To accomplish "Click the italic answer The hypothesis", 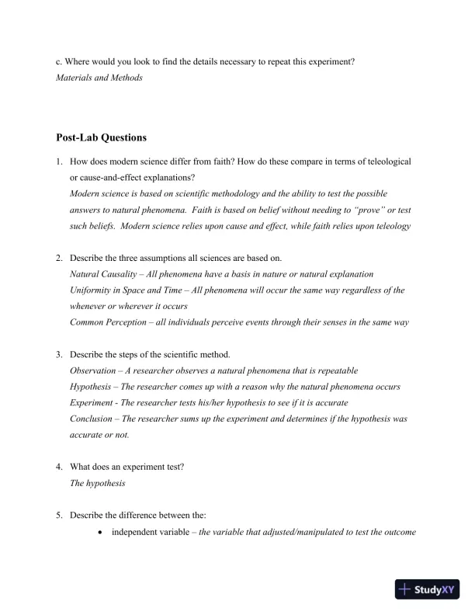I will pyautogui.click(x=97, y=483).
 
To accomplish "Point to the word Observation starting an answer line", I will pyautogui.click(x=94, y=371).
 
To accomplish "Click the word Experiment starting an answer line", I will pyautogui.click(x=94, y=403).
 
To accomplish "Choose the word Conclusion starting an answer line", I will pyautogui.click(x=93, y=419).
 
